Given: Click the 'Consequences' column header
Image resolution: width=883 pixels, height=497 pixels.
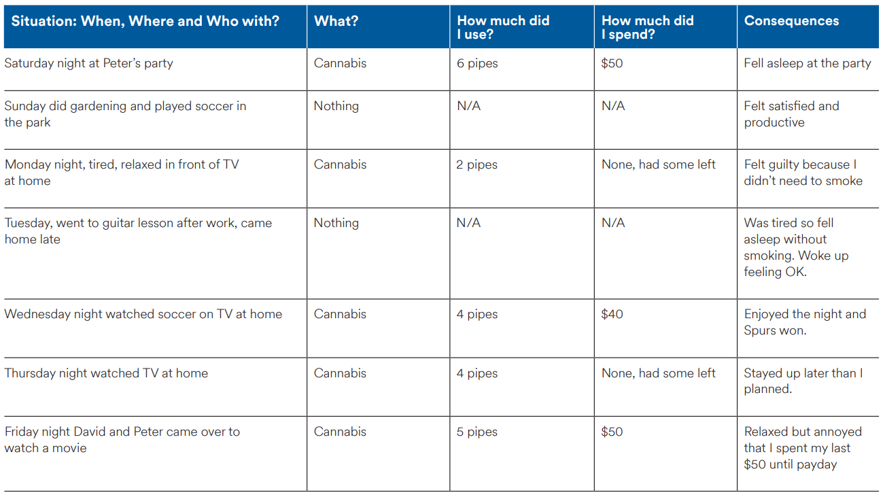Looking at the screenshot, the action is coord(791,21).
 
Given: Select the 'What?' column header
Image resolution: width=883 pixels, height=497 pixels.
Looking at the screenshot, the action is coord(336,21).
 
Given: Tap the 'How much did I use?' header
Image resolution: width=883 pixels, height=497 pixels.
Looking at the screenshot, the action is coord(503,27).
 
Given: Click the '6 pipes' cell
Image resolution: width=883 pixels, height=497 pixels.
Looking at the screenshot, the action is coord(477,63).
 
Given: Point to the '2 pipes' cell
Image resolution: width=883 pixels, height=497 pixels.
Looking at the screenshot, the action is coord(477,165).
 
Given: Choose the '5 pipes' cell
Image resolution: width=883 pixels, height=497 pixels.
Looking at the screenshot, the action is coord(477,432).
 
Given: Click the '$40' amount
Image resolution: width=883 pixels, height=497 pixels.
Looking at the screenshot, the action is coord(612,314).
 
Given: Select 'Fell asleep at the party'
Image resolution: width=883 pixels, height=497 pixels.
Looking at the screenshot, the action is coord(808,63).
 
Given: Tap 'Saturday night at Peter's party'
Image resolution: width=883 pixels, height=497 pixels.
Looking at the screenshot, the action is coord(88,63).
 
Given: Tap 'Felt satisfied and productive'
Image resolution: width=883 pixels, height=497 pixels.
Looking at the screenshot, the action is coord(791,114).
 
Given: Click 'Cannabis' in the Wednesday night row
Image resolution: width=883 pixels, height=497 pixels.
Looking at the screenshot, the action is coord(340,314).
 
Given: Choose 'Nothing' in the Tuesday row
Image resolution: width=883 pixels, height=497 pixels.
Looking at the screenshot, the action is coord(336,223).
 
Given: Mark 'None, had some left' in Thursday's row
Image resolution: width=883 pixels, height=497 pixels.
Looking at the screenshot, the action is coord(658,373).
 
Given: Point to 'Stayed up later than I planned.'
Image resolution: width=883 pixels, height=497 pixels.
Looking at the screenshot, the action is coord(803,381).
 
